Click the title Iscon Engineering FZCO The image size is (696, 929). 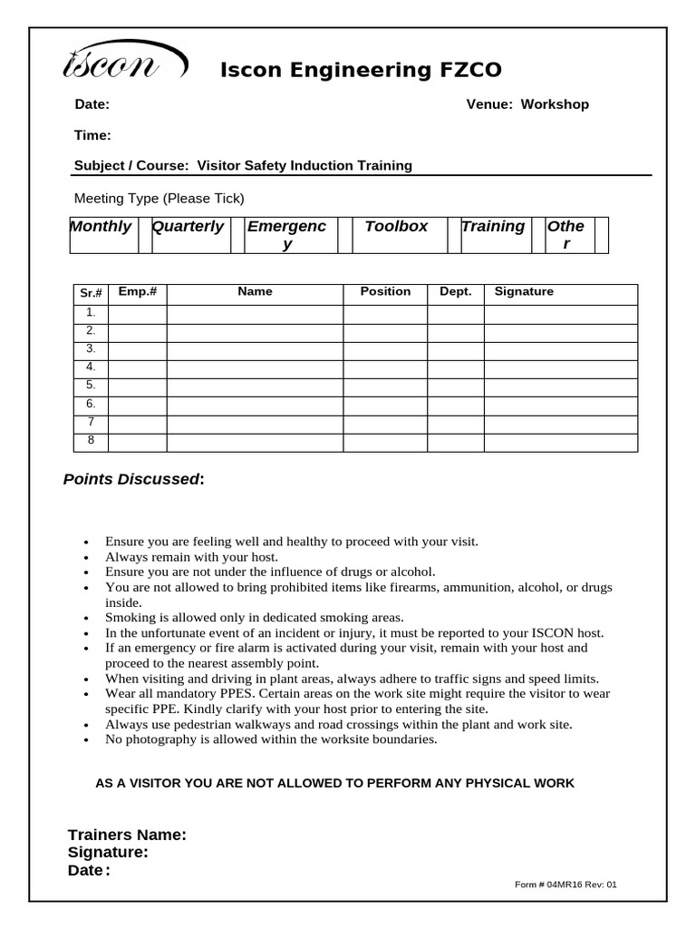coord(361,71)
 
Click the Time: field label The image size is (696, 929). coord(92,136)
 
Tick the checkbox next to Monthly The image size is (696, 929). coord(144,235)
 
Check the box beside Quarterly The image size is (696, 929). coord(236,235)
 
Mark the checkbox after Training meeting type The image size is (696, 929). coord(538,235)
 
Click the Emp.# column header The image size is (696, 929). coord(138,292)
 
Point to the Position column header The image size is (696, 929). coord(385,292)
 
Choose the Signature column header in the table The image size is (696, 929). coord(524,292)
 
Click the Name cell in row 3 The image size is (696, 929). coord(255,350)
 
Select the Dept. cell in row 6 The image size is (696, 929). coord(455,406)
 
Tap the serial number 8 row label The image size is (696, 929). coord(91,441)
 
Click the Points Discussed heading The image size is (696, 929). coord(133,479)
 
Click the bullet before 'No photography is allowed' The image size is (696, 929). coord(85,740)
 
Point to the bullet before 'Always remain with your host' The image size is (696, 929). coord(85,557)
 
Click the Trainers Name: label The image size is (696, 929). coord(127,835)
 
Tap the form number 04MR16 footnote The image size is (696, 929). coord(565,885)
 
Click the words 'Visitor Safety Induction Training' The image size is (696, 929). coord(304,166)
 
